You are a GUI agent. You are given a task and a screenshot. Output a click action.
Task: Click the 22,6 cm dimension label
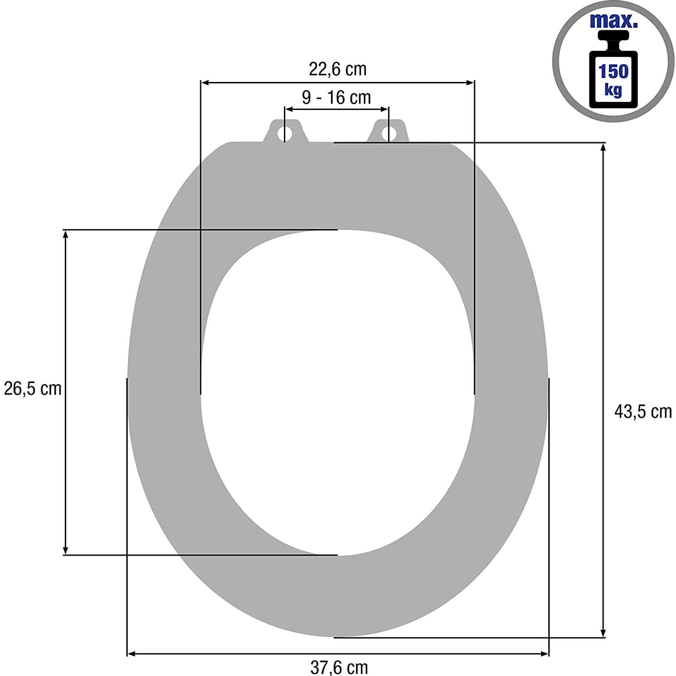coord(337,69)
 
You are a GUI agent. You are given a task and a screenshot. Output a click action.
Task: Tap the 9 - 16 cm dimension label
coord(336,97)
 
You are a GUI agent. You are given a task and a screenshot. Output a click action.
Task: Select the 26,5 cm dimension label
coord(32,388)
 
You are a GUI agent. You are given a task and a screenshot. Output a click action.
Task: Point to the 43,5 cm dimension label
coord(643,412)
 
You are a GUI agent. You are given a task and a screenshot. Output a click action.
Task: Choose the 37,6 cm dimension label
coord(339,667)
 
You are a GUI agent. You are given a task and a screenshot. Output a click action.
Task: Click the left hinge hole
coord(285,133)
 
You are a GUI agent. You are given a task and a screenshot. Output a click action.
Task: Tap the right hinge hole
coord(388,133)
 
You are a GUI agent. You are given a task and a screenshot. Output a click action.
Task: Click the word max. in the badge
coord(614,21)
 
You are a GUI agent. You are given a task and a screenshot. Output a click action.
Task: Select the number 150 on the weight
coord(614,72)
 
